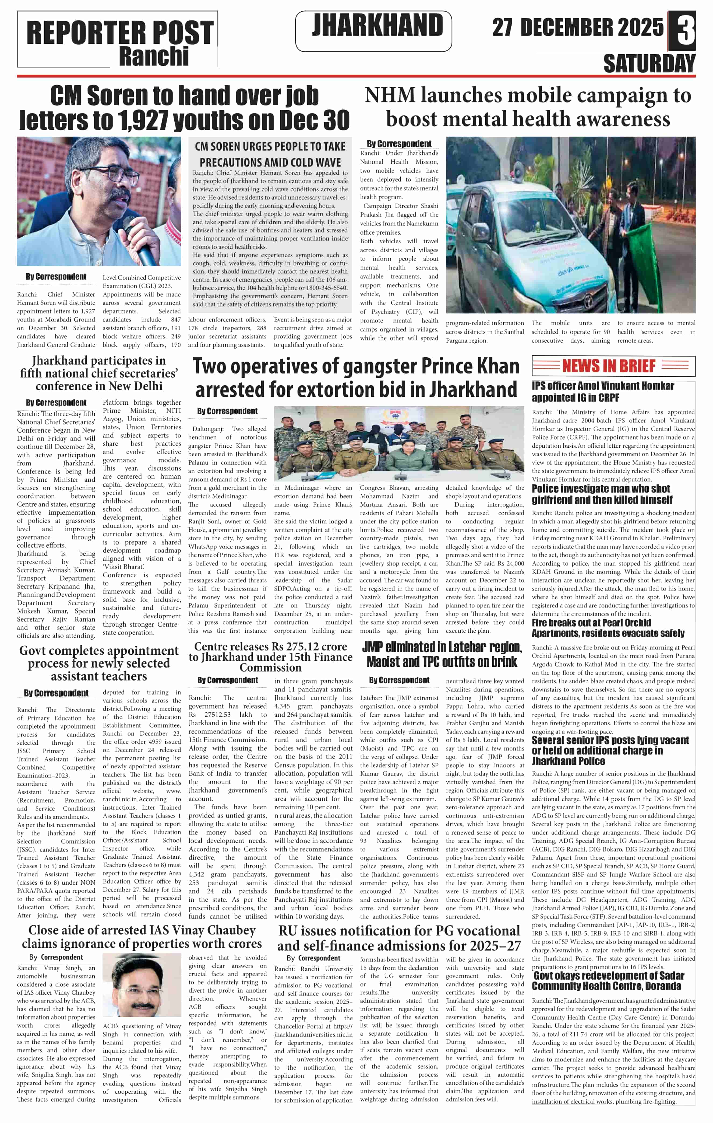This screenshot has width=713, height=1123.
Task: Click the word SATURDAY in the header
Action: pyautogui.click(x=649, y=64)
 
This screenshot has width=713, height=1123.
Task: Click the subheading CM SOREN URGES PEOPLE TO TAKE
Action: pyautogui.click(x=270, y=146)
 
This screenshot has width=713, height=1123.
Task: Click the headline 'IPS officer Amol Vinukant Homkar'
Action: pyautogui.click(x=602, y=392)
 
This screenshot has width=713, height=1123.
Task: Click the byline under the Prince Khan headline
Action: pyautogui.click(x=227, y=411)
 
